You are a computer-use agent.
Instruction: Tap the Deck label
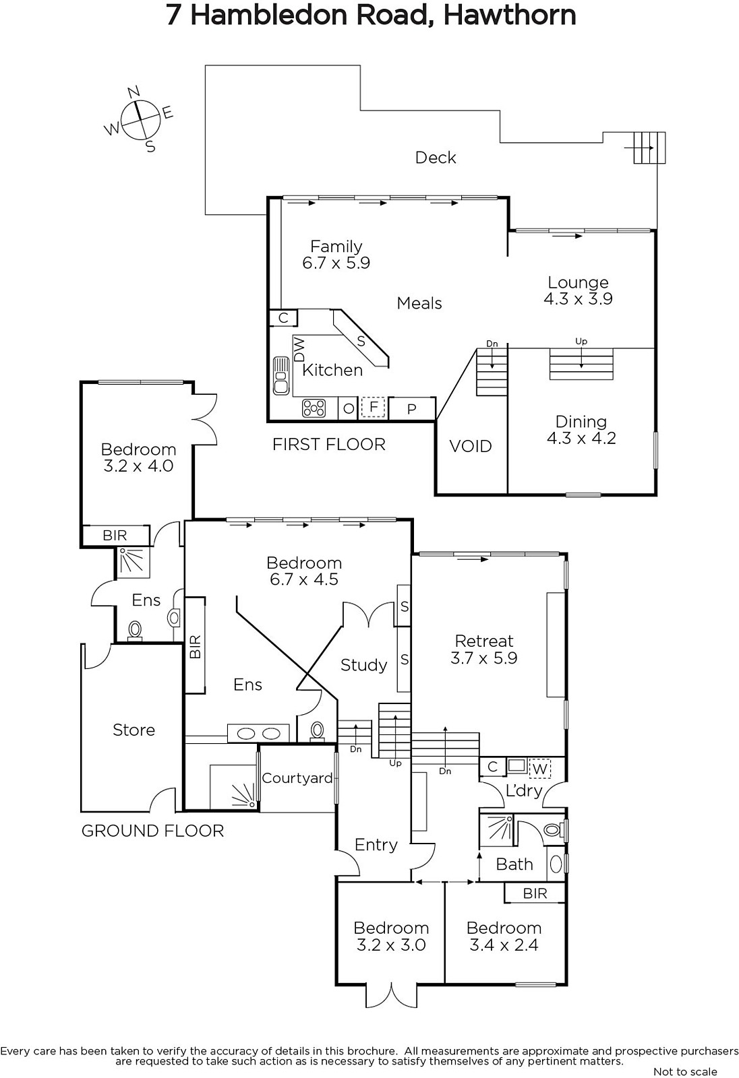tap(436, 158)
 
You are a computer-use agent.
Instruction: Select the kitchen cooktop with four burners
tap(314, 408)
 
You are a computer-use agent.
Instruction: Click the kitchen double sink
tap(280, 376)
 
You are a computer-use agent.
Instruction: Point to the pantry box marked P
tap(412, 409)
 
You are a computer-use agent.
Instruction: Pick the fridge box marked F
tap(373, 407)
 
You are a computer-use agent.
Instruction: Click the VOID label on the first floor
tap(471, 447)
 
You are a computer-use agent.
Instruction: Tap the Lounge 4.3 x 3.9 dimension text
tap(578, 299)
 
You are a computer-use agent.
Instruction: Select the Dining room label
tap(581, 422)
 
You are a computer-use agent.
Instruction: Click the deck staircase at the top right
tap(649, 148)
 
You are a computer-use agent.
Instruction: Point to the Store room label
tap(134, 730)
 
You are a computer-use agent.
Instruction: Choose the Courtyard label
tap(297, 778)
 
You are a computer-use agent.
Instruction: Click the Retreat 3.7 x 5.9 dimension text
tap(483, 658)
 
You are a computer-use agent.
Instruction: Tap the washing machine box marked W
tap(539, 769)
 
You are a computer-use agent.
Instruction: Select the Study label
tap(363, 666)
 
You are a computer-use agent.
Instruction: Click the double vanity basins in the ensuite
tap(259, 734)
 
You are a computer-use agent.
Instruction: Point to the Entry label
tap(376, 846)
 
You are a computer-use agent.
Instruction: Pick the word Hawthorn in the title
tap(510, 15)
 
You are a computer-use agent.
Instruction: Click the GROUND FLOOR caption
tap(152, 831)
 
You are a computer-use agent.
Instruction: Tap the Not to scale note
tap(686, 1071)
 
